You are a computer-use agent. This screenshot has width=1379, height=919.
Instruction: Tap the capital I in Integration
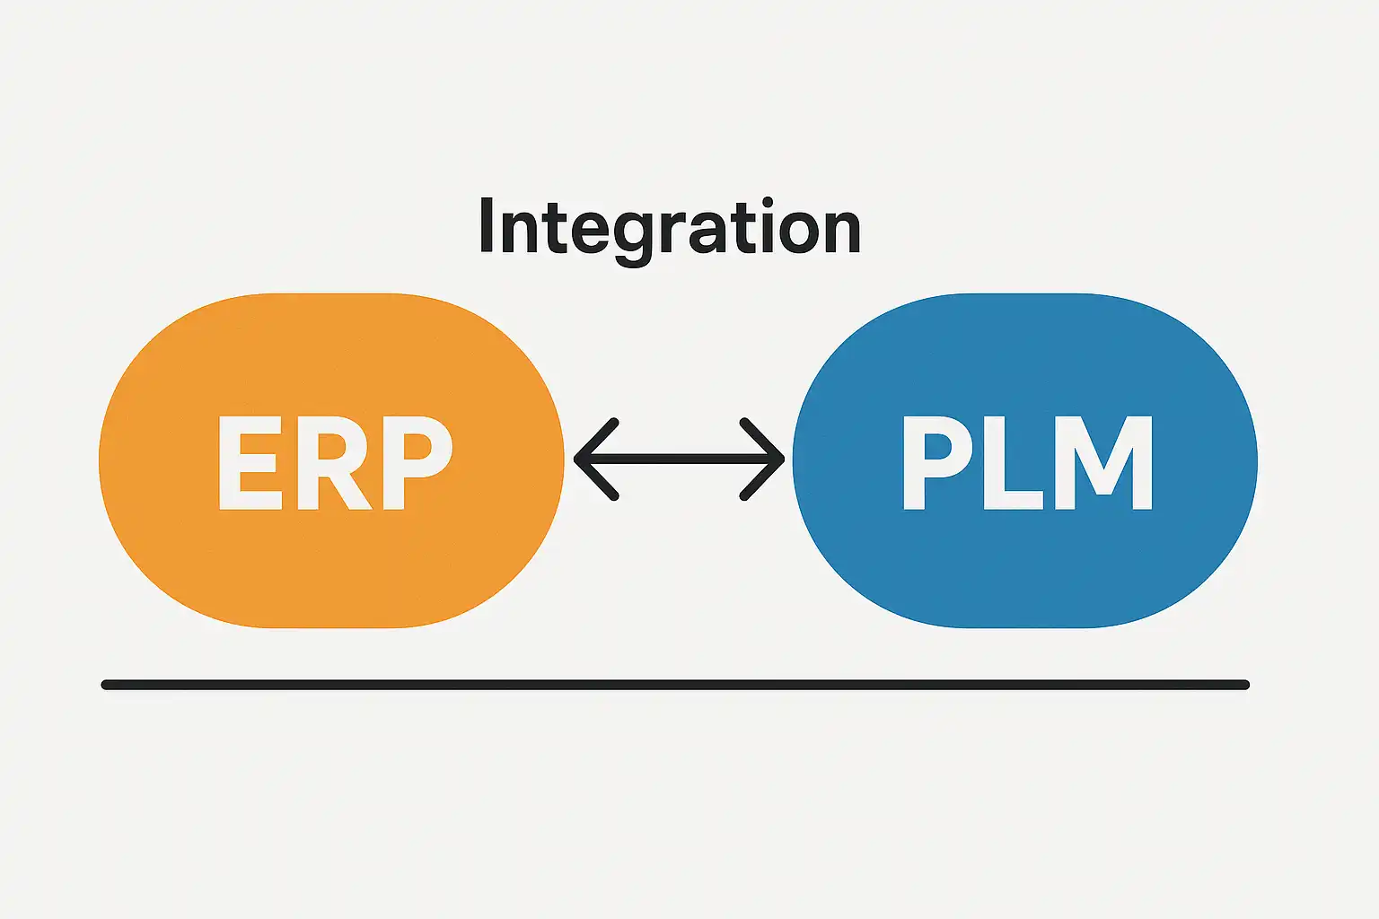(487, 225)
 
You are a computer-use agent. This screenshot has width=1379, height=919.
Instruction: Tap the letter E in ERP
(249, 463)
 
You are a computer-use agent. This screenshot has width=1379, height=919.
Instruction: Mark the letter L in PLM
(1012, 463)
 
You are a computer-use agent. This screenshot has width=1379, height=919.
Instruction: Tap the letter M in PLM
(1102, 463)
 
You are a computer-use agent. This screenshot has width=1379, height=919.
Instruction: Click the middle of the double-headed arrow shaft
(679, 459)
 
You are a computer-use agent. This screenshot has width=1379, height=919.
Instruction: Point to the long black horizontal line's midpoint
(675, 685)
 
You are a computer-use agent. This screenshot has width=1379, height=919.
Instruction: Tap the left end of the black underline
(106, 685)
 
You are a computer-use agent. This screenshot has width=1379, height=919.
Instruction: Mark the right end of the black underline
(1244, 685)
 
